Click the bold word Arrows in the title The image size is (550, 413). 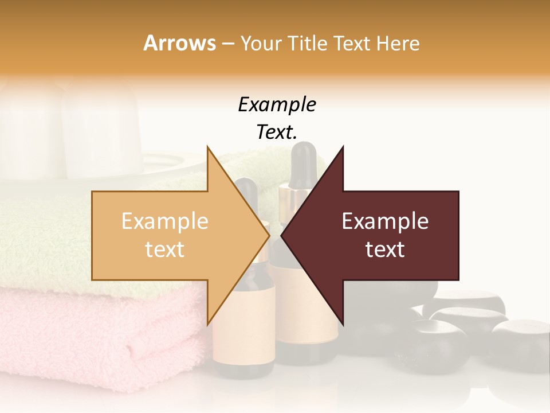[x=179, y=44]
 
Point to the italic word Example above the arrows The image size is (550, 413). [x=277, y=105]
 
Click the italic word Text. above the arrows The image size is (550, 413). [x=277, y=133]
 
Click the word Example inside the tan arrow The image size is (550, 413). [x=165, y=221]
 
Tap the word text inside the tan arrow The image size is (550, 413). [x=165, y=250]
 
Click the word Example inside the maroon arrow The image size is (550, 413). [x=385, y=221]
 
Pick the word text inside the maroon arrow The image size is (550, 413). [x=385, y=250]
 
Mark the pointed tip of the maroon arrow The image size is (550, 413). [x=283, y=236]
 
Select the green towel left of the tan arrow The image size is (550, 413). [x=46, y=241]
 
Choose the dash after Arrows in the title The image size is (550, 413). [x=227, y=44]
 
